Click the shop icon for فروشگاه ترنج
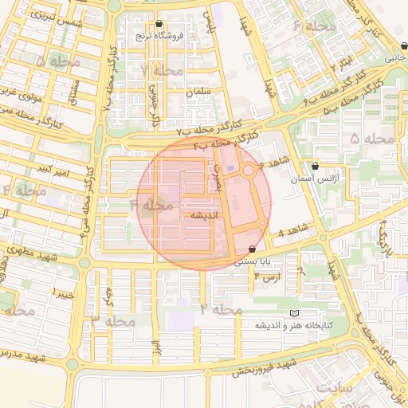point(161,24)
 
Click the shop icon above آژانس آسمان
point(316,167)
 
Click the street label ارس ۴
point(268,277)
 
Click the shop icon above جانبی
point(390,45)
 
